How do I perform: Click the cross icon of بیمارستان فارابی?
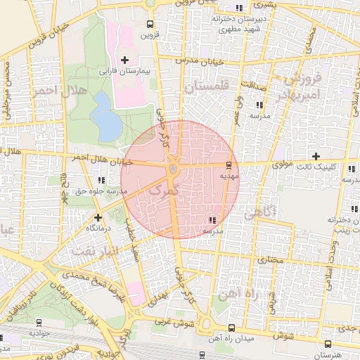[125, 60]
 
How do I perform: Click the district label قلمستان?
[207, 88]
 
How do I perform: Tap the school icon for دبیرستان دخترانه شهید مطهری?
[240, 8]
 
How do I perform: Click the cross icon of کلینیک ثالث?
[316, 156]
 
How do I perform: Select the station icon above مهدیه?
[229, 167]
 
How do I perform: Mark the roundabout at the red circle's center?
[173, 169]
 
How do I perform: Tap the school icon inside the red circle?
[212, 220]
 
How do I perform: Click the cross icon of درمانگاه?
[98, 217]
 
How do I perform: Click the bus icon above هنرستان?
[328, 344]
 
